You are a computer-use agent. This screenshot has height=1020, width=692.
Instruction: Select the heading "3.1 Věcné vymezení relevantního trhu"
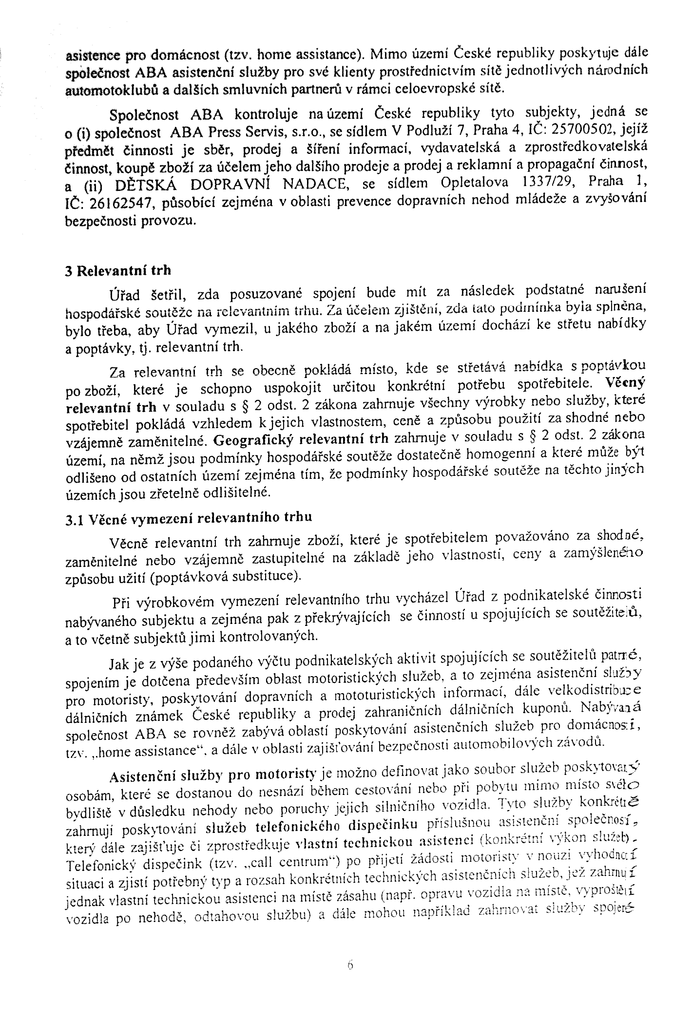click(x=189, y=518)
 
